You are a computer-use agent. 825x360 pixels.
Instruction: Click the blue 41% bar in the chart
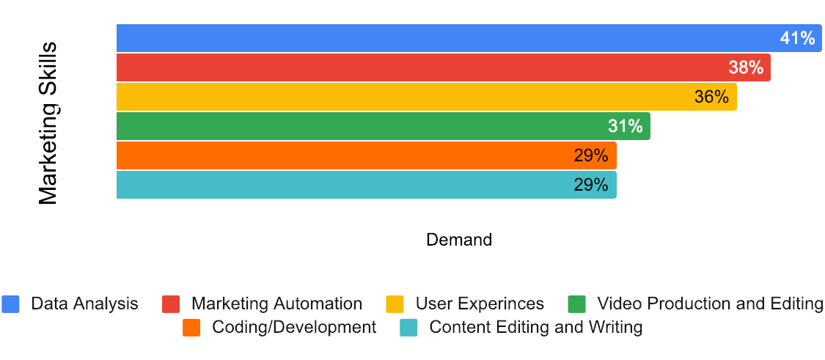click(x=440, y=38)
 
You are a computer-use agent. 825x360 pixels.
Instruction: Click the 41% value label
click(x=797, y=38)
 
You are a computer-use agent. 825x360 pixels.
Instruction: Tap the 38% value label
click(x=746, y=67)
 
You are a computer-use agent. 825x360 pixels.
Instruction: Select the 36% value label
click(x=711, y=97)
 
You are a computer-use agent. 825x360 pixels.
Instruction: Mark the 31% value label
click(x=625, y=126)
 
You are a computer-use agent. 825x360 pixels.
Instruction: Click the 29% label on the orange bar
click(x=591, y=155)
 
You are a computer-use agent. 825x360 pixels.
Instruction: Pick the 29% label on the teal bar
click(x=591, y=185)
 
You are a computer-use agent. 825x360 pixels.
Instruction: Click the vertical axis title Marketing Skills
click(x=48, y=123)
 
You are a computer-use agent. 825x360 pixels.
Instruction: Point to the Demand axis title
click(x=459, y=240)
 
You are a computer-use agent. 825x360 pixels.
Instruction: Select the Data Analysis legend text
click(x=84, y=304)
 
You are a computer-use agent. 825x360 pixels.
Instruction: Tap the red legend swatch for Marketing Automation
click(x=171, y=304)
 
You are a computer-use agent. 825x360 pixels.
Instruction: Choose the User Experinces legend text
click(x=480, y=304)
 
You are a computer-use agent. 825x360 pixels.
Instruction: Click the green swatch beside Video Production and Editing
click(x=577, y=304)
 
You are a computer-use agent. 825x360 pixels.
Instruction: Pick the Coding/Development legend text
click(x=293, y=327)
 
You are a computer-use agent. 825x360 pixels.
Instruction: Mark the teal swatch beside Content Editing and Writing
click(x=408, y=327)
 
